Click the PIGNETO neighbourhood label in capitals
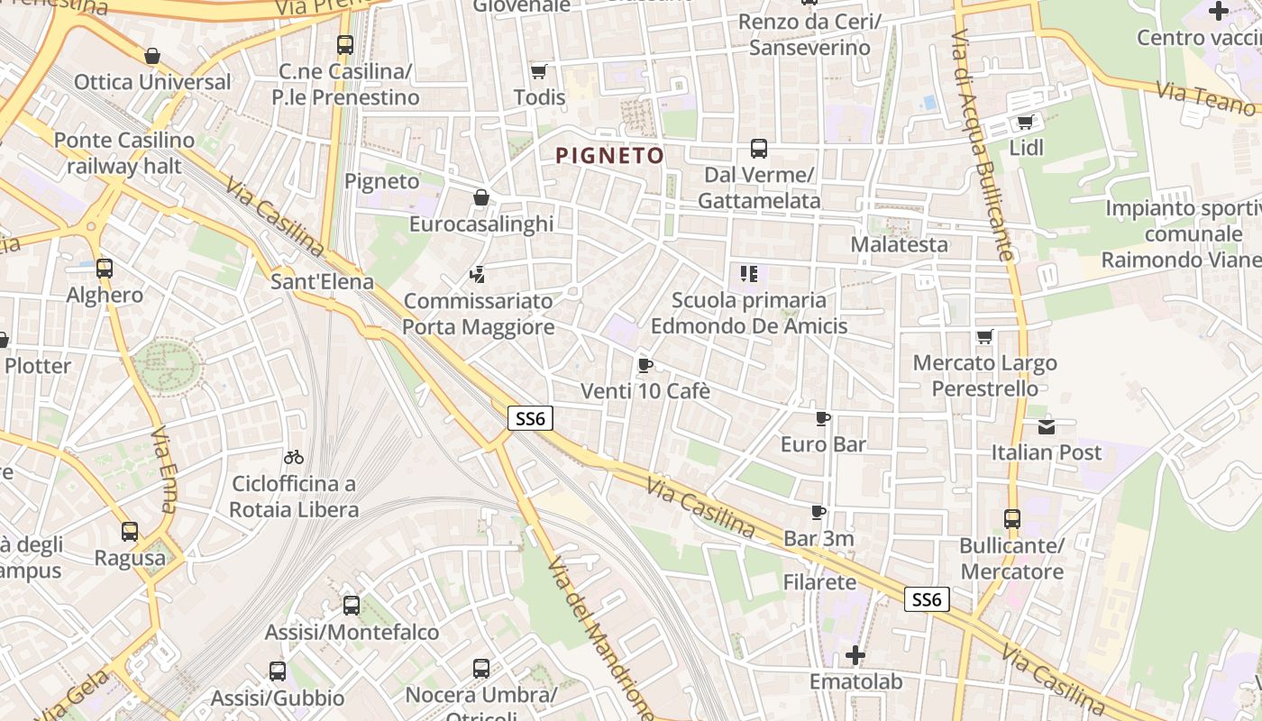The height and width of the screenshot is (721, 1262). pyautogui.click(x=610, y=156)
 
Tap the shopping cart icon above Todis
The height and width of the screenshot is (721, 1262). pyautogui.click(x=539, y=71)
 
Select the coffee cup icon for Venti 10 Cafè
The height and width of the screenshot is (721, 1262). pyautogui.click(x=645, y=365)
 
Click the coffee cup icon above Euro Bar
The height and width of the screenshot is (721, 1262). pyautogui.click(x=822, y=418)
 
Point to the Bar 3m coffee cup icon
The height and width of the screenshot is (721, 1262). pyautogui.click(x=818, y=513)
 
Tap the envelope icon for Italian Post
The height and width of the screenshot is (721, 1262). pyautogui.click(x=1046, y=426)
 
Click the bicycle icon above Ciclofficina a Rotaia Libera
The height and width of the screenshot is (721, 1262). pyautogui.click(x=293, y=458)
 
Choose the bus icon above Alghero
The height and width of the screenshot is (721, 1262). pyautogui.click(x=105, y=269)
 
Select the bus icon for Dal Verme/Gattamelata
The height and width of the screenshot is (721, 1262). pyautogui.click(x=759, y=149)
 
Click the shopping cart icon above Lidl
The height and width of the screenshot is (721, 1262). pyautogui.click(x=1025, y=122)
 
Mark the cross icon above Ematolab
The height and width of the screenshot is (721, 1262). pyautogui.click(x=855, y=655)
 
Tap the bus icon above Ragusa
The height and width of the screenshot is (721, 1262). pyautogui.click(x=130, y=532)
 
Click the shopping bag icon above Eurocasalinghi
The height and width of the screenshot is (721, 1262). pyautogui.click(x=481, y=197)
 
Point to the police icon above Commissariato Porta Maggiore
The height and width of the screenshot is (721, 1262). pyautogui.click(x=478, y=274)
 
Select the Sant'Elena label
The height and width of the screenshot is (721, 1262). pyautogui.click(x=322, y=282)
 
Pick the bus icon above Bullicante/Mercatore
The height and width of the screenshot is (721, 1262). pyautogui.click(x=1012, y=519)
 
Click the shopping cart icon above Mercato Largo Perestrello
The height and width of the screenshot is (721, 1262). pyautogui.click(x=984, y=337)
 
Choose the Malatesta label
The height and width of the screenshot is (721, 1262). pyautogui.click(x=899, y=244)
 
